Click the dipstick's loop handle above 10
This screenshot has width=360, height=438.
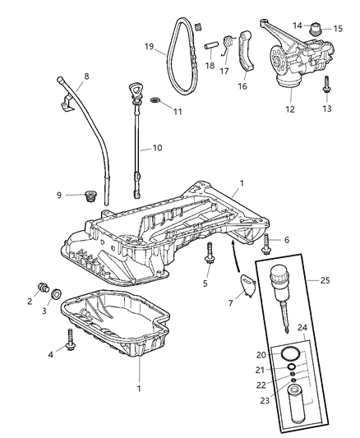pyautogui.click(x=134, y=89)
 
